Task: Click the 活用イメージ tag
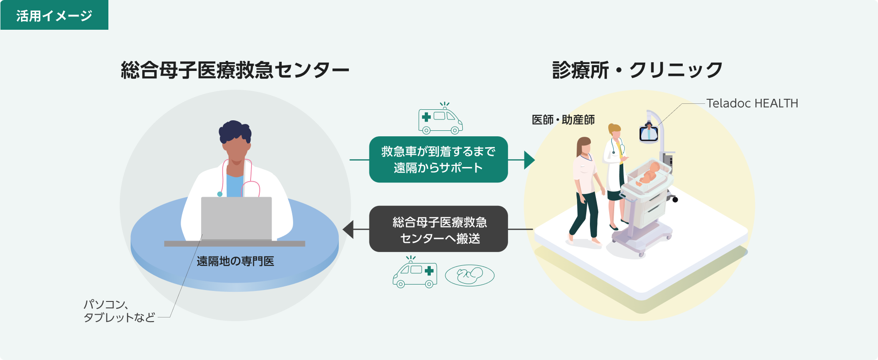coord(54,16)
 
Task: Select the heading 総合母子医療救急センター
coord(235,70)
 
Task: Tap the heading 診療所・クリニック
coord(637,70)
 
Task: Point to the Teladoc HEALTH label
coord(752,103)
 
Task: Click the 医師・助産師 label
coord(563,120)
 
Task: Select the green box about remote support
coord(438,160)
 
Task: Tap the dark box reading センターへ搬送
coord(438,229)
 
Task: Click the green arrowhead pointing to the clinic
coord(529,160)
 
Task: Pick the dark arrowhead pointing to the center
coord(348,229)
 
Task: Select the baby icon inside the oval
coord(470,275)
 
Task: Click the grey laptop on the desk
coord(236,218)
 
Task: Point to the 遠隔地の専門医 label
coord(235,261)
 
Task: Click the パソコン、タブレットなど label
coord(119,311)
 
